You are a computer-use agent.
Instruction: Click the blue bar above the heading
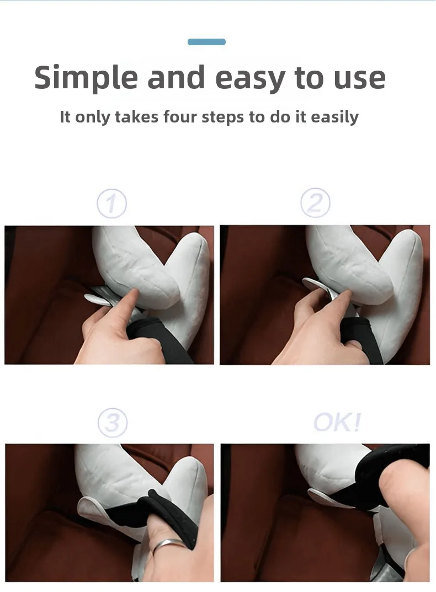[206, 42]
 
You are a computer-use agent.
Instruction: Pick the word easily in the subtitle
[334, 118]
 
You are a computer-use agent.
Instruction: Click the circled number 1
[111, 204]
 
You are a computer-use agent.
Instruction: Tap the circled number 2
[316, 202]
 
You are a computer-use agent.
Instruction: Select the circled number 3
[113, 423]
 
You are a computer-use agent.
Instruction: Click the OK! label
[337, 422]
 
